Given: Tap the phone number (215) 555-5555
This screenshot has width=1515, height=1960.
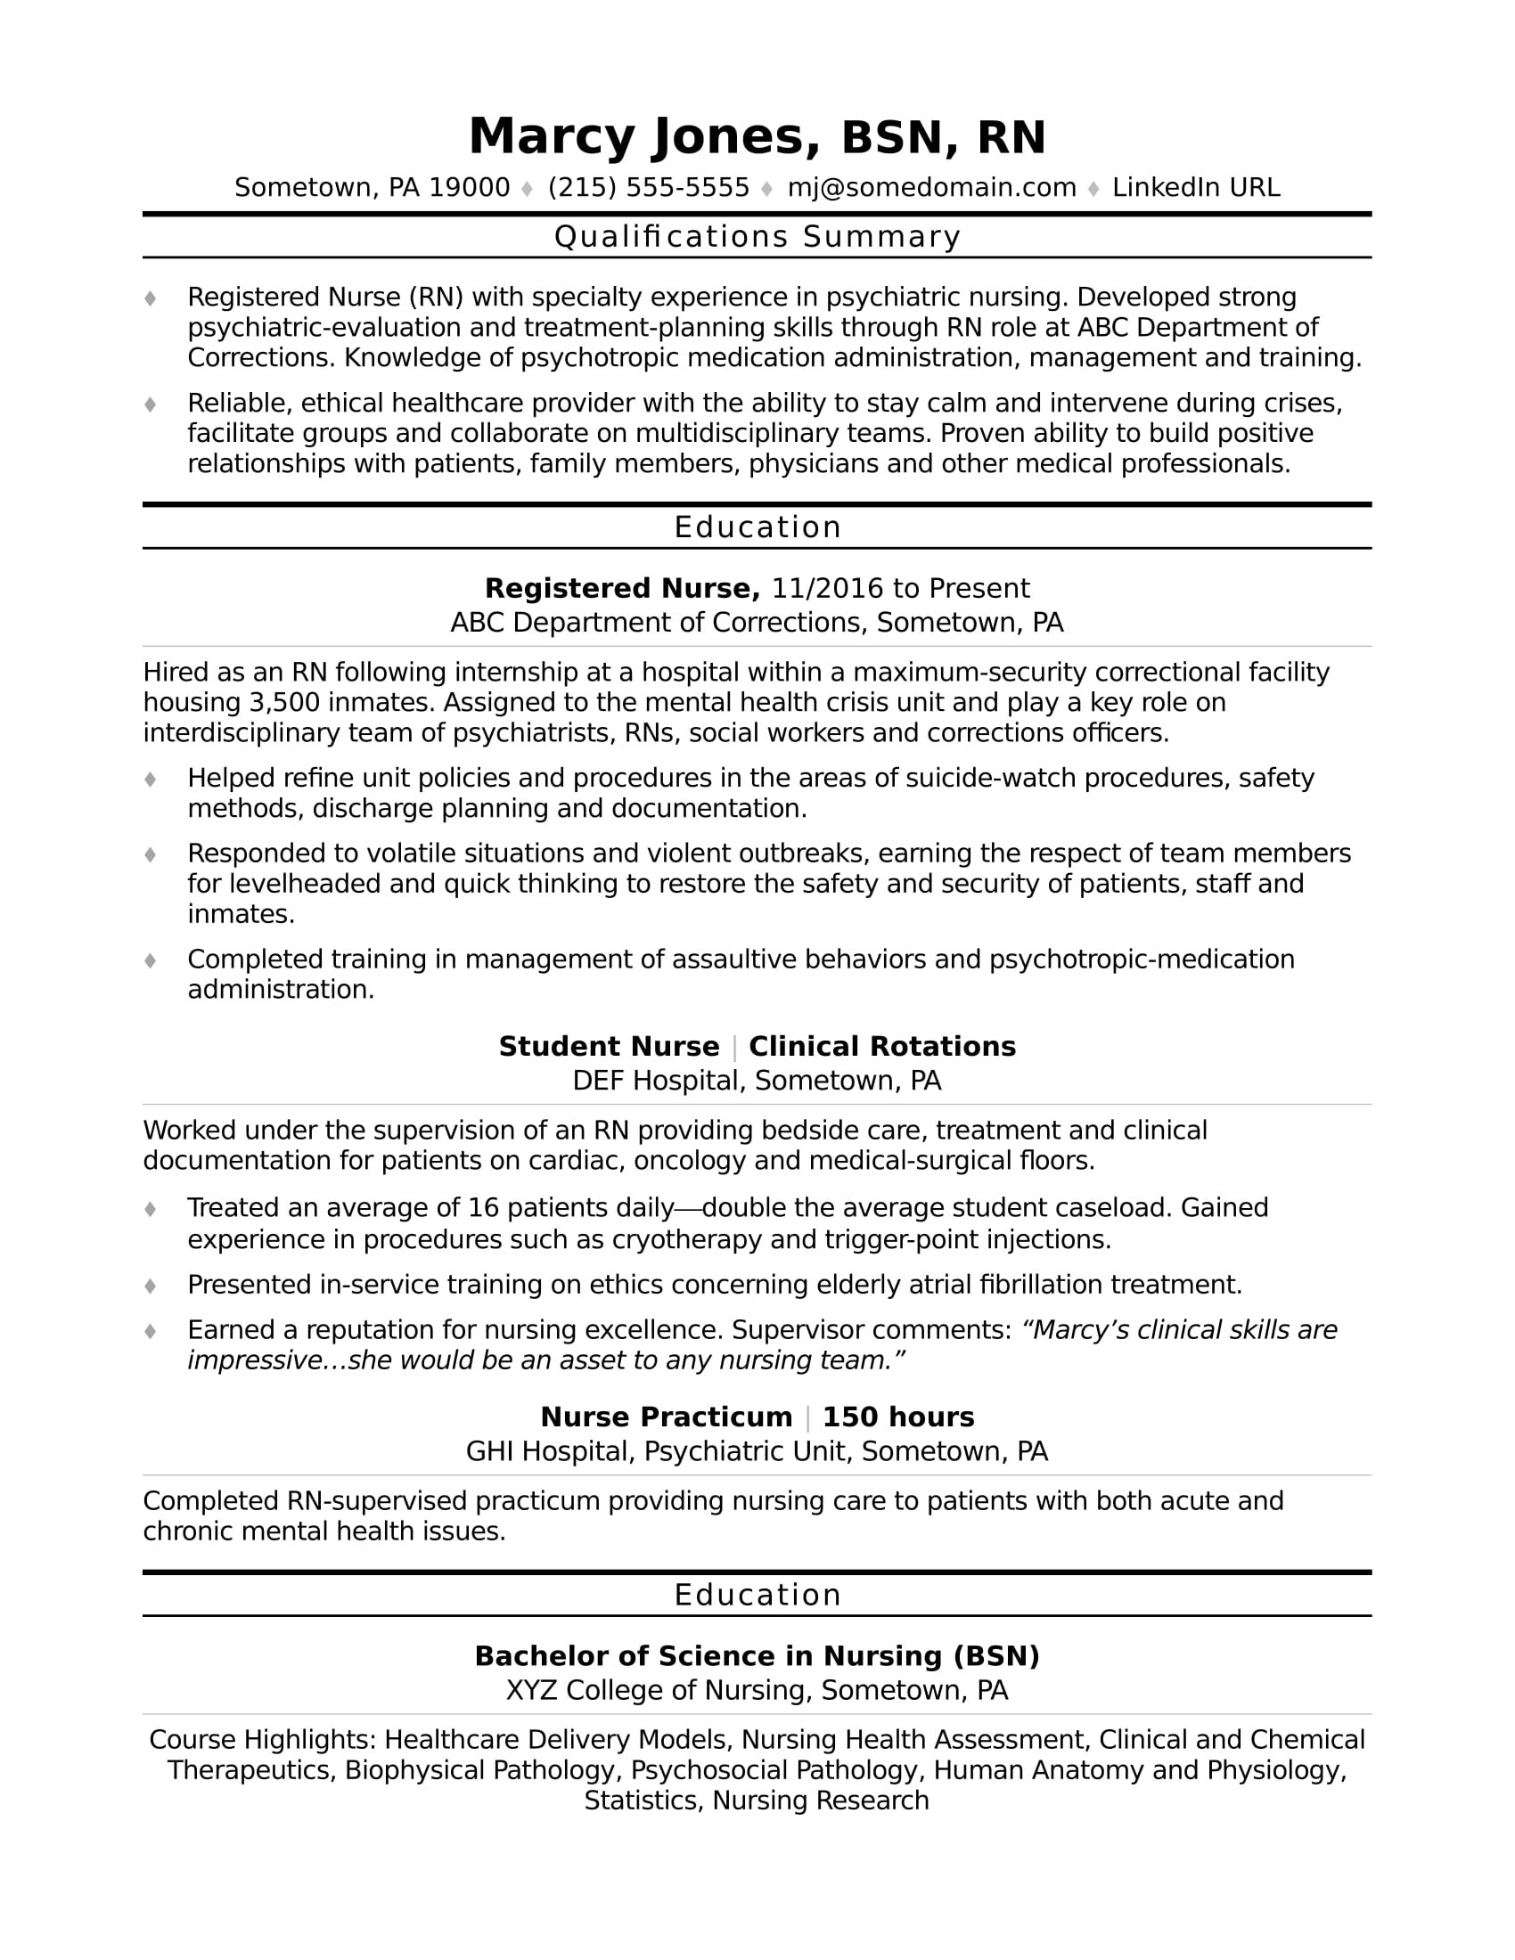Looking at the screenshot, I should click(x=648, y=188).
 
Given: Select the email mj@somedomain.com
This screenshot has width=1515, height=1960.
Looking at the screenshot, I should click(x=931, y=188).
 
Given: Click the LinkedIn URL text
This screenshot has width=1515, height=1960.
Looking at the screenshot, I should click(x=1195, y=188).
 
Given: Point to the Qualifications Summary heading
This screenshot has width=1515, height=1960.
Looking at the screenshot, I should click(x=757, y=237).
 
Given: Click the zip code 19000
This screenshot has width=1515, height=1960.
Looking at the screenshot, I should click(x=470, y=188).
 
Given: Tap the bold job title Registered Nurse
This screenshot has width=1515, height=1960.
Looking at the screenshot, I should click(x=622, y=589).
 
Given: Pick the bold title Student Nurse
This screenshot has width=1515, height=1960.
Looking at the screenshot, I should click(x=609, y=1047).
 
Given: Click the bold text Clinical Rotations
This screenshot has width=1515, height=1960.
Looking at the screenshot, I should click(x=882, y=1047).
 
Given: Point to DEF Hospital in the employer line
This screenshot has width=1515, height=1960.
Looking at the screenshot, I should click(x=655, y=1081).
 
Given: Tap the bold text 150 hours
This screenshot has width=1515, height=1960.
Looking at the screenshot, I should click(x=897, y=1417).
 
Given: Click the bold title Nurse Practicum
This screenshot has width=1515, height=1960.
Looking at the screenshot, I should click(x=666, y=1417).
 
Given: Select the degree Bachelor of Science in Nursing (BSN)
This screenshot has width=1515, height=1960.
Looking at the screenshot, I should click(x=757, y=1656).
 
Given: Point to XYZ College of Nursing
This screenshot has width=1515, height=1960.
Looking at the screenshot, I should click(x=659, y=1691).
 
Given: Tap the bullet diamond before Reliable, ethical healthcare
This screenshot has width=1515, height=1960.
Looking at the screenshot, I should click(x=151, y=404).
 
